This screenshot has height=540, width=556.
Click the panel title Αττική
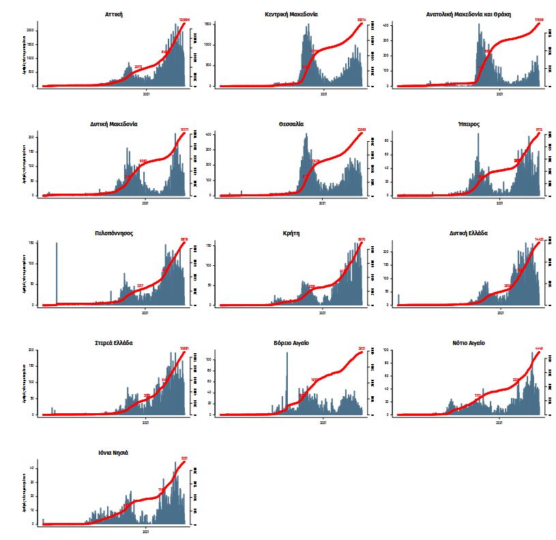pos(114,14)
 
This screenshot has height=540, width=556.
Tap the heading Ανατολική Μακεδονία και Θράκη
pos(468,14)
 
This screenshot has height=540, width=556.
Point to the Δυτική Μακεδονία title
pos(114,124)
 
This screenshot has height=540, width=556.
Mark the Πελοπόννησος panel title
pos(114,233)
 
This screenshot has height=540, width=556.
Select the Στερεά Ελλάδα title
pos(114,343)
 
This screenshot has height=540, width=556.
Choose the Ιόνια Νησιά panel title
pos(114,453)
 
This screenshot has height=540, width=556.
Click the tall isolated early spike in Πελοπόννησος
pos(57,273)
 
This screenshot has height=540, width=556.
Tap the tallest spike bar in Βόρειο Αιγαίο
pos(287,382)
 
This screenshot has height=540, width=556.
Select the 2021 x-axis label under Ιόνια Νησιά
pos(145,530)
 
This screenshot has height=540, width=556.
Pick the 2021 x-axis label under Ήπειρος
pos(499,202)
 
